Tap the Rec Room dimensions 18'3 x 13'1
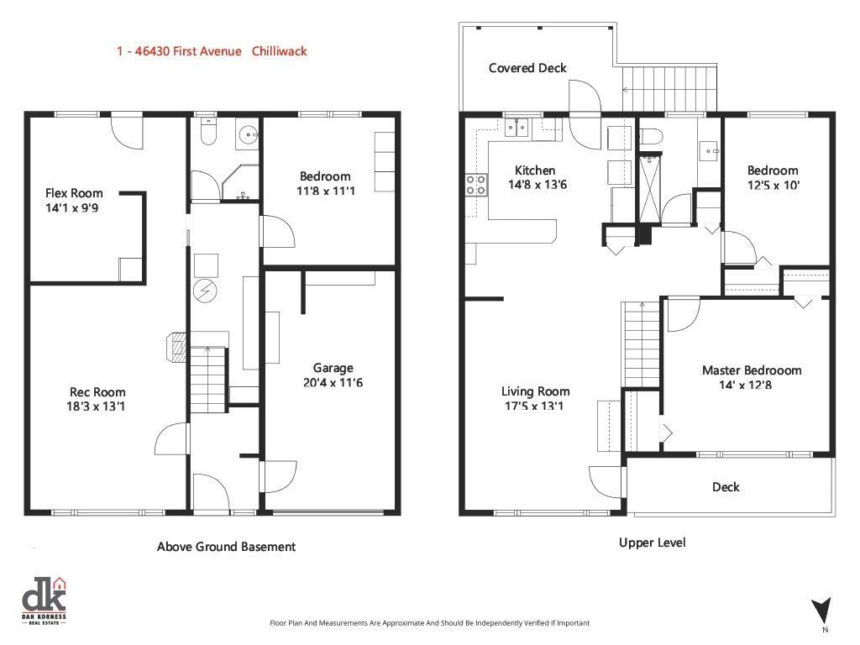[97, 406]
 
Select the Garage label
[333, 368]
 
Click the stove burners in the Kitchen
[475, 184]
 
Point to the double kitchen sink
[517, 128]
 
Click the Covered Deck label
[527, 68]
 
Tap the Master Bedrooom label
[752, 370]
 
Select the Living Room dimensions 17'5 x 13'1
[536, 406]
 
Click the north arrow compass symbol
[822, 611]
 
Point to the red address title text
[212, 51]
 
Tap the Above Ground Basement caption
[226, 547]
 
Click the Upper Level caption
[652, 543]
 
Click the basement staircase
[207, 377]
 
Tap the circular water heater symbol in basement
[206, 291]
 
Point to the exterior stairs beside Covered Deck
[669, 87]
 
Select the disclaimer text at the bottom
[429, 623]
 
